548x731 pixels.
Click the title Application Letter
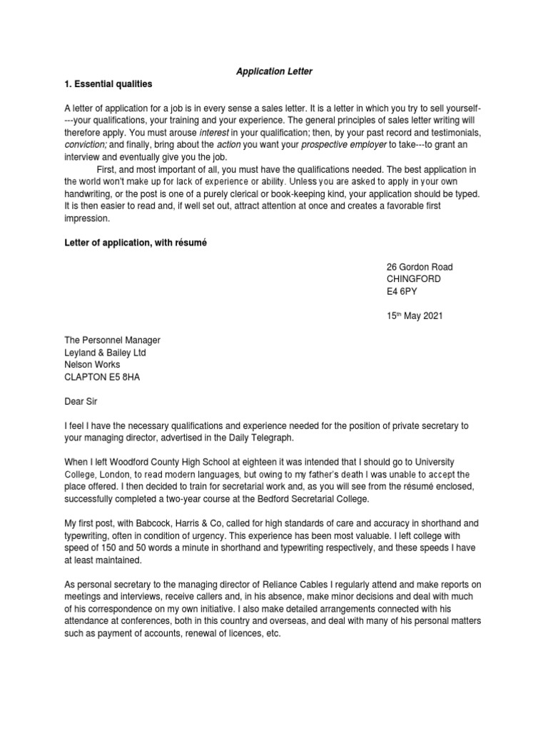(x=274, y=72)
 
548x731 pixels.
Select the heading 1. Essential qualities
(x=108, y=84)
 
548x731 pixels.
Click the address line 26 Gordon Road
(x=420, y=267)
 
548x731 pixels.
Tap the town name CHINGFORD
(x=413, y=279)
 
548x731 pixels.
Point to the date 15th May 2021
(x=415, y=316)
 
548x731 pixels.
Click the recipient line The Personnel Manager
(x=113, y=341)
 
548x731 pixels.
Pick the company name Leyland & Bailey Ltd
(x=106, y=353)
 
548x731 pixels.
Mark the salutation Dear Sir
(x=81, y=401)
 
